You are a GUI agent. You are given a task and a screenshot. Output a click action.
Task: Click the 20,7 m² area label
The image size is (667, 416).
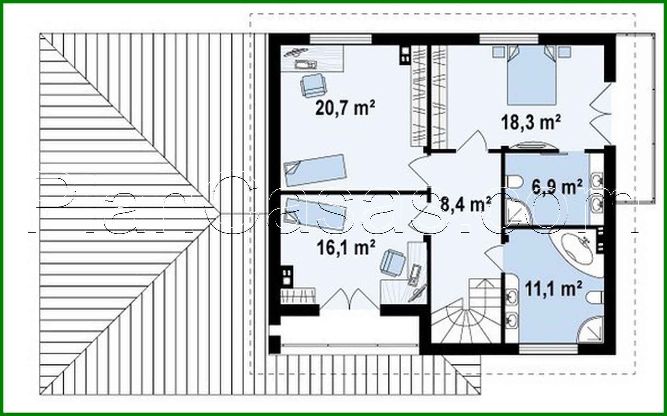345,108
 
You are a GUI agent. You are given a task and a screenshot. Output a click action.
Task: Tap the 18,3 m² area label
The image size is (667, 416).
530,122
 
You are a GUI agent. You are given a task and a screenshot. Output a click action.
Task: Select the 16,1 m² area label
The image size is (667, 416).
345,248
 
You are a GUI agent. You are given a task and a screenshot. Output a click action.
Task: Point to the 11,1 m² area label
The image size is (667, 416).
553,289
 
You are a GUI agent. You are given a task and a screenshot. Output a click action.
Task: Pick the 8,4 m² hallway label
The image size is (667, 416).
465,204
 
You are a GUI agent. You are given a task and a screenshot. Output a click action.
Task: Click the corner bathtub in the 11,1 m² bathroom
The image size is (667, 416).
576,249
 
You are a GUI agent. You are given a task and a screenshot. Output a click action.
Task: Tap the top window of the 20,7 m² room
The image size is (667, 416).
340,39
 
